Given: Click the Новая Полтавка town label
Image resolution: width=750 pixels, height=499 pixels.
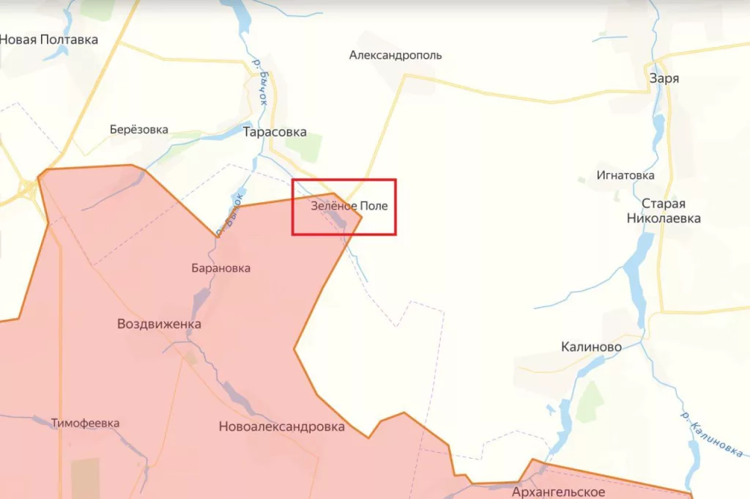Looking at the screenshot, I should (48, 40).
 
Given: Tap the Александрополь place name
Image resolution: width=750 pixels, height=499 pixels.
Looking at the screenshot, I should (396, 55).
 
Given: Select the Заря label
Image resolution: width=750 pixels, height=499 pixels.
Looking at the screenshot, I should (664, 78).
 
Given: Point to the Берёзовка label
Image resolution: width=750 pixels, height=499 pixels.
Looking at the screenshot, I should (139, 130).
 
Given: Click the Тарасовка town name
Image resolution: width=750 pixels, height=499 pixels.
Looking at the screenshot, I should (275, 133).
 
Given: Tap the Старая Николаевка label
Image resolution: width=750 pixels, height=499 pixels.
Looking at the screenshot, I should (663, 210).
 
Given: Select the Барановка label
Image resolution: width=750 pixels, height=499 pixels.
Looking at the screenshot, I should (220, 268).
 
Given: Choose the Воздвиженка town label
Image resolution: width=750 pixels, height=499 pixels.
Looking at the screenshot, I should (159, 324).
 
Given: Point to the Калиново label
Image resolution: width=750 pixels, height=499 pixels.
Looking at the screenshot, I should (591, 347).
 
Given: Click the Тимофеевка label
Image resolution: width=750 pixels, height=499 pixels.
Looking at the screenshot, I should (86, 423).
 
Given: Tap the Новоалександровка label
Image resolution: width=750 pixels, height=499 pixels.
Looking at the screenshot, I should (282, 426).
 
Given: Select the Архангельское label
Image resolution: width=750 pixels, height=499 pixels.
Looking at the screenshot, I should (559, 491).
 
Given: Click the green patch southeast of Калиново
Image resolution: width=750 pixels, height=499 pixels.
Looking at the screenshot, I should (590, 402).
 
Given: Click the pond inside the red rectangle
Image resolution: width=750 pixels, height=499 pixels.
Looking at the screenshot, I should (338, 218).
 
